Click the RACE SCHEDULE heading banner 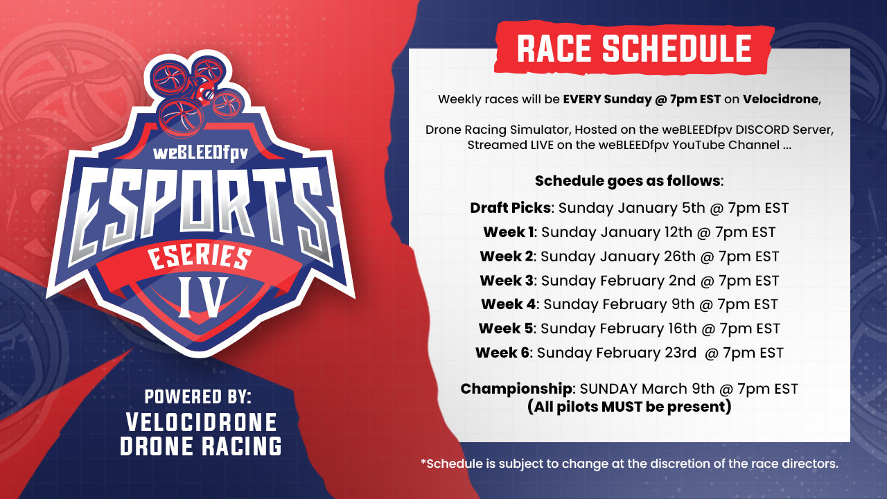tap(634, 49)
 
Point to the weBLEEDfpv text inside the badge tap(200, 153)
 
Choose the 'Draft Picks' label tap(510, 208)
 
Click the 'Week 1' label tap(509, 232)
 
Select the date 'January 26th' tap(648, 256)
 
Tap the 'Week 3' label tap(507, 281)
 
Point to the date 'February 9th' tap(649, 304)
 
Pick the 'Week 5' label tap(506, 329)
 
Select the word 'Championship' tap(516, 389)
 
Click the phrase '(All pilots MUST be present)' tap(629, 407)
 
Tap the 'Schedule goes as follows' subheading tap(629, 181)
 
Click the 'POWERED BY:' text tap(197, 397)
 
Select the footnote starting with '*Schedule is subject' tap(630, 464)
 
